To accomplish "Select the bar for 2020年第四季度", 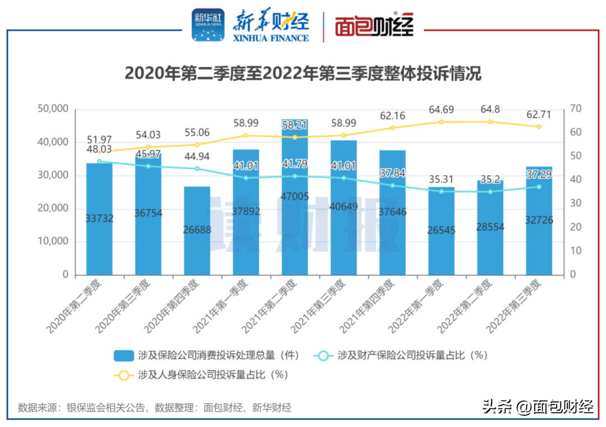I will [197, 231].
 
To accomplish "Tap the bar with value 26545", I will [441, 231].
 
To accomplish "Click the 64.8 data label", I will [490, 109].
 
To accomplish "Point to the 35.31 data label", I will [441, 180].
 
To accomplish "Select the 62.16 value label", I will [392, 117].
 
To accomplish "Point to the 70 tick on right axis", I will [576, 109].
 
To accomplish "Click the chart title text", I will [302, 74].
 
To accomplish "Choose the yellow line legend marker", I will [123, 375].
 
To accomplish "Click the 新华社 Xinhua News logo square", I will [208, 25].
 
